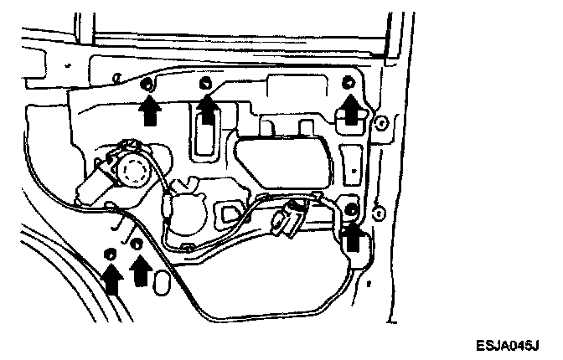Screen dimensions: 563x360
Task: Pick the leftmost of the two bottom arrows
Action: click(111, 279)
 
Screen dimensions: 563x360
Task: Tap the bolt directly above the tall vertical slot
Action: click(205, 83)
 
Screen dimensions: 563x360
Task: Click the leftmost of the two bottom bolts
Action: click(110, 254)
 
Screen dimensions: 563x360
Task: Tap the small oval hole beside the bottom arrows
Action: click(163, 286)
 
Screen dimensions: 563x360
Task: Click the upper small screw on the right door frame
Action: click(381, 123)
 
